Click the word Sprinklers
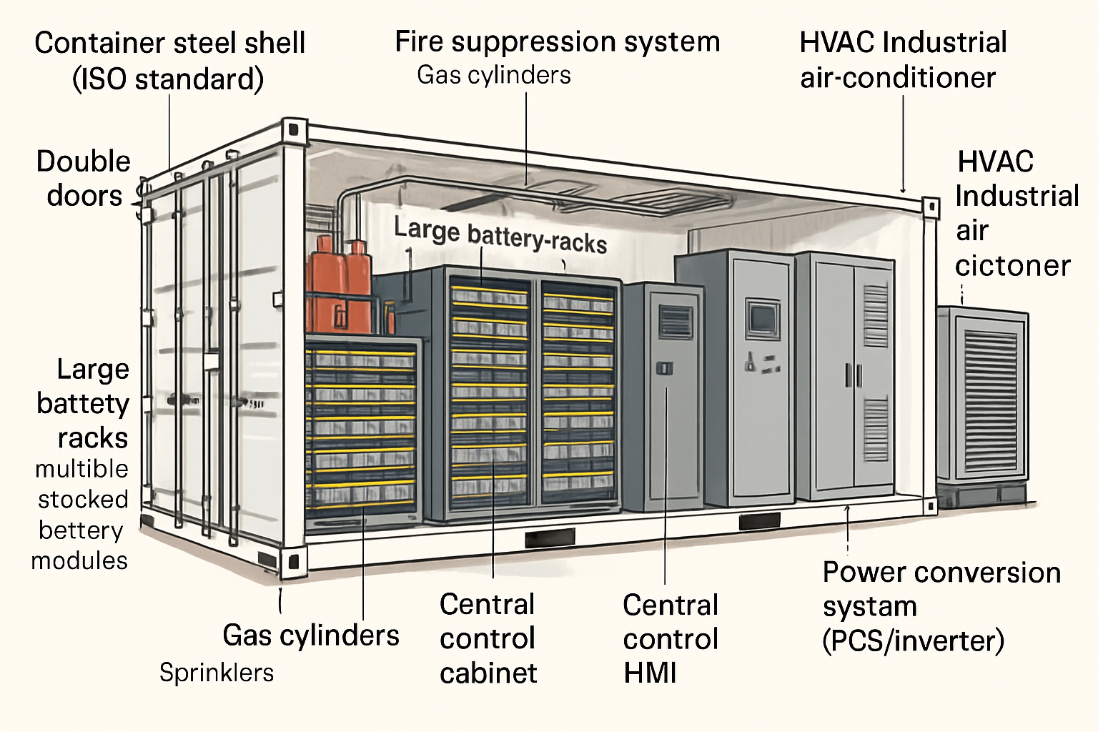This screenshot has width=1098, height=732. [x=217, y=673]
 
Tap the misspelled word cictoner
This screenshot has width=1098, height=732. [x=1012, y=266]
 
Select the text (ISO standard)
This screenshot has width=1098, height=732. [x=168, y=79]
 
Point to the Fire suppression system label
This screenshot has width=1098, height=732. [x=557, y=41]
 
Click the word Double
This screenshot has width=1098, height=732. [x=84, y=162]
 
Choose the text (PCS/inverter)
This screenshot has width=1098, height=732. [x=913, y=640]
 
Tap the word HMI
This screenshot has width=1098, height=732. [x=650, y=673]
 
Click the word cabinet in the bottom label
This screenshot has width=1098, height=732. [x=488, y=673]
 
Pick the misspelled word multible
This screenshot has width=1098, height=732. [x=81, y=469]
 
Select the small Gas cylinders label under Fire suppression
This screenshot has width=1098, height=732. [x=494, y=75]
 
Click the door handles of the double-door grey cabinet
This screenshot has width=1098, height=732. [x=853, y=375]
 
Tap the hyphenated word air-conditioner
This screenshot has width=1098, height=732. [x=898, y=78]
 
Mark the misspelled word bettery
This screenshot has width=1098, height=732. [x=81, y=530]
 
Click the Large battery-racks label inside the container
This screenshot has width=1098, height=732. [x=500, y=236]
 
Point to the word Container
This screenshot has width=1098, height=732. [x=99, y=43]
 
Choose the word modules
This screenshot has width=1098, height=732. [x=79, y=561]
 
